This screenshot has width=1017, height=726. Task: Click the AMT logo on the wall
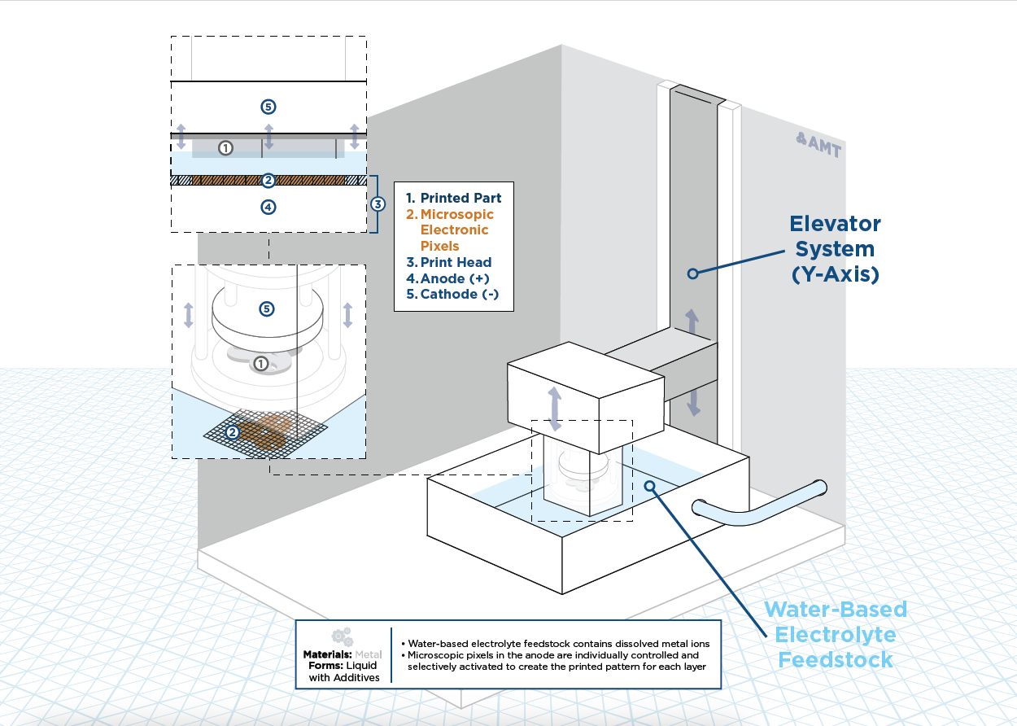pyautogui.click(x=818, y=145)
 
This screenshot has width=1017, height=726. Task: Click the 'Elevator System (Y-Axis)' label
pyautogui.click(x=835, y=249)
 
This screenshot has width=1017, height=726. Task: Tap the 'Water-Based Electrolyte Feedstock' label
pyautogui.click(x=836, y=635)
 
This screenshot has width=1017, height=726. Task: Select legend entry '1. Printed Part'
pyautogui.click(x=453, y=198)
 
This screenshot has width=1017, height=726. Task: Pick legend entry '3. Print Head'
pyautogui.click(x=449, y=262)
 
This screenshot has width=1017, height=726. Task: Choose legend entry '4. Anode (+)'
pyautogui.click(x=447, y=278)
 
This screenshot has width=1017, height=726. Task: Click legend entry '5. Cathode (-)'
pyautogui.click(x=452, y=295)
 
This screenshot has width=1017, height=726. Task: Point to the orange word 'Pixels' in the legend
pyautogui.click(x=439, y=247)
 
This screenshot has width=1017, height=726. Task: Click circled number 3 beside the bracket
pyautogui.click(x=378, y=204)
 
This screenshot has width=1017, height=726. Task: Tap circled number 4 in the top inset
pyautogui.click(x=268, y=208)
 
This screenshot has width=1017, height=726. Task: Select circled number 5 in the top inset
pyautogui.click(x=268, y=107)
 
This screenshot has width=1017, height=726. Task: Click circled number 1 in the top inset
pyautogui.click(x=225, y=148)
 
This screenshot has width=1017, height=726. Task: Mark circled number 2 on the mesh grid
pyautogui.click(x=233, y=432)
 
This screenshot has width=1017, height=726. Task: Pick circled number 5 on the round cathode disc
pyautogui.click(x=267, y=309)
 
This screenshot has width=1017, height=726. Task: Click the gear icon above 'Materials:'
pyautogui.click(x=343, y=637)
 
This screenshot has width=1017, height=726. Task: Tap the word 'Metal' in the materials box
pyautogui.click(x=369, y=654)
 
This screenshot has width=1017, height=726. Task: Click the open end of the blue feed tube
pyautogui.click(x=699, y=508)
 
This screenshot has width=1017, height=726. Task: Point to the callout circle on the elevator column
pyautogui.click(x=692, y=273)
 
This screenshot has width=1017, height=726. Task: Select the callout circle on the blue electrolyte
pyautogui.click(x=650, y=486)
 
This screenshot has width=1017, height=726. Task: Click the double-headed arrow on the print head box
pyautogui.click(x=554, y=409)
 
